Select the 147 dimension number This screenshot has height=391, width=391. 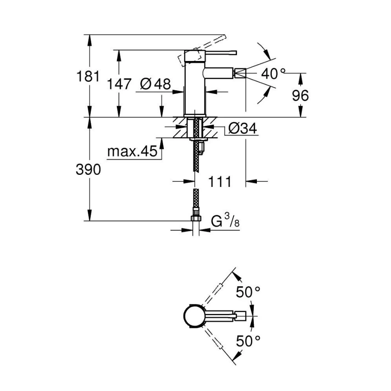tap(119, 84)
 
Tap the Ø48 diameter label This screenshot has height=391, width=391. tap(155, 84)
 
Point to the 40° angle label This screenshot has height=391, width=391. tap(274, 74)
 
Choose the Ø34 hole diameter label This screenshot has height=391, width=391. tap(242, 129)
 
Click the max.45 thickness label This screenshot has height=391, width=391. tap(132, 152)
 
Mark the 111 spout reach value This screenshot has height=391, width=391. tap(220, 182)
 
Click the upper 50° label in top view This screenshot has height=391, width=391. tap(248, 292)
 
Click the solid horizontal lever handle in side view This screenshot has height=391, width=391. tap(219, 51)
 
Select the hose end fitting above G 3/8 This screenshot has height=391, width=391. tap(195, 218)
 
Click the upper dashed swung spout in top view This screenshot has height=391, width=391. tap(219, 289)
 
